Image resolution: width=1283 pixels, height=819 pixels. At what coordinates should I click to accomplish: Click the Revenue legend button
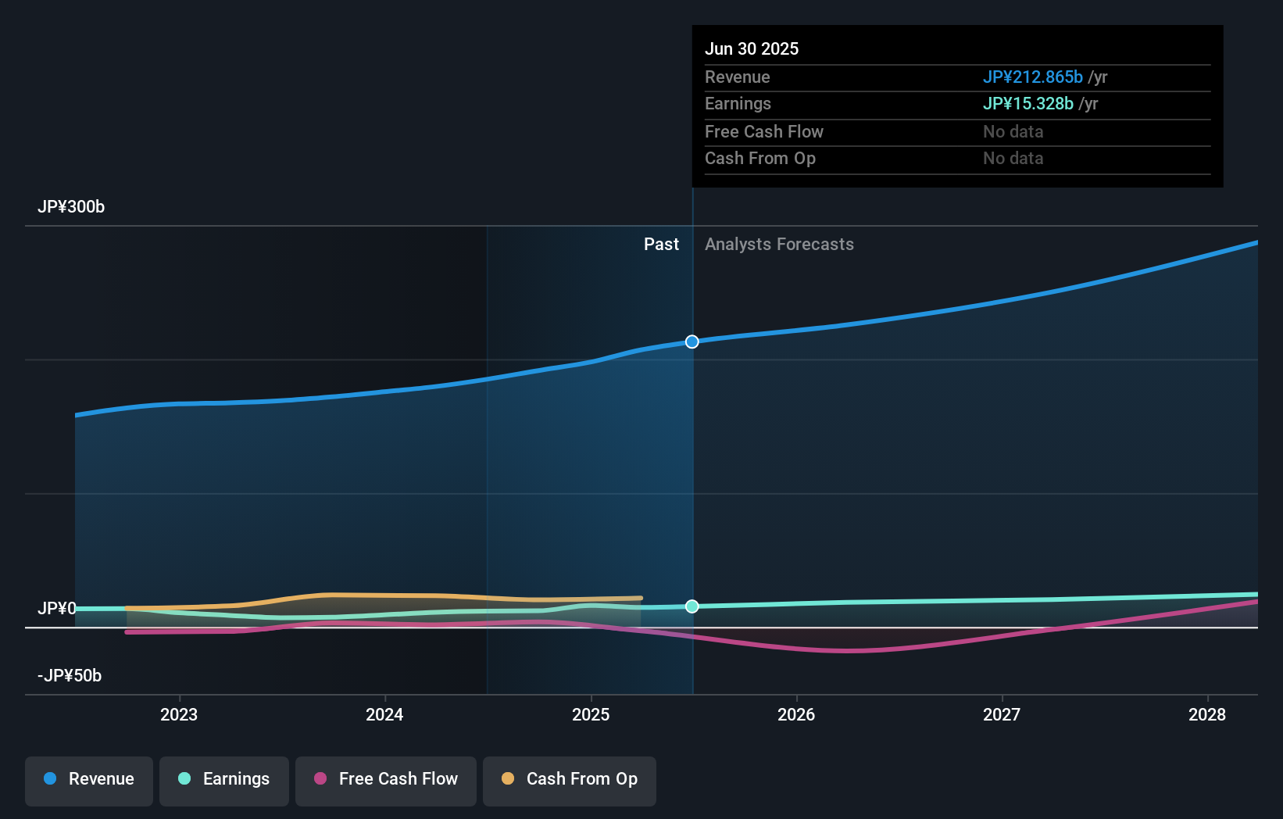(89, 779)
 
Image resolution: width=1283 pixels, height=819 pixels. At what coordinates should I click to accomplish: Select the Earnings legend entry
(224, 779)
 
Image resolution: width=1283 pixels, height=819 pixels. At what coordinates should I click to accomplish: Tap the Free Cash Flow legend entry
(386, 779)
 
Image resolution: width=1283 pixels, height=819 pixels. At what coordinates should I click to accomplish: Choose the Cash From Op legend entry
(570, 779)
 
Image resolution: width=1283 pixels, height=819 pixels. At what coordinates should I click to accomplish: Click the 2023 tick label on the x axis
(179, 714)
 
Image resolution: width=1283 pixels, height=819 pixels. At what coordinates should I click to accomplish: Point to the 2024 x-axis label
(384, 714)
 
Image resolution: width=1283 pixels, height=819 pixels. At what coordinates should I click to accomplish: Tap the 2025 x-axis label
(591, 714)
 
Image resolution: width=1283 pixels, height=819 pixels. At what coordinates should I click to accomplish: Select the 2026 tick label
(796, 714)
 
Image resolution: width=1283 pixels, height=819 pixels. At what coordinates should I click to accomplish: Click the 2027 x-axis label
(1002, 714)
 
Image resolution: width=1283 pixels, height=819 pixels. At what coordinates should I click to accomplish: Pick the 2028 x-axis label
(1207, 714)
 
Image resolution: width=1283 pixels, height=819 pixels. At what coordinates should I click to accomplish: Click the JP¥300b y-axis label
(71, 207)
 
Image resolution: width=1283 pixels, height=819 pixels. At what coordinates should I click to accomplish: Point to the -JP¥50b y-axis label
(70, 676)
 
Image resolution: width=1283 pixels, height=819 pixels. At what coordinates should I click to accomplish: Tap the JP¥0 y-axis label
(57, 609)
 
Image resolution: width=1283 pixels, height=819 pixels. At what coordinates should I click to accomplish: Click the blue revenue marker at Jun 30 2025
(692, 342)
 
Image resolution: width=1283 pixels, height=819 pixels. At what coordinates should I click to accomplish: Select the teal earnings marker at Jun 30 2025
(692, 606)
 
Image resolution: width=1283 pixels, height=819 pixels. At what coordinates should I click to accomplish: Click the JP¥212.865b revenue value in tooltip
(1032, 77)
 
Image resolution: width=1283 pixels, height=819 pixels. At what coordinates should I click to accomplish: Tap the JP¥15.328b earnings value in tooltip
(1027, 104)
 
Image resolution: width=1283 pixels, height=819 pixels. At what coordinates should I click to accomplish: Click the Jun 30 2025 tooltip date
(752, 49)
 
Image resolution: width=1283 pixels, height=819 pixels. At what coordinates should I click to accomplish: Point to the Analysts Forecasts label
(779, 245)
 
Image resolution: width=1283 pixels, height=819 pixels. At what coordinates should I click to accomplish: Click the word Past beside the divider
(661, 245)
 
